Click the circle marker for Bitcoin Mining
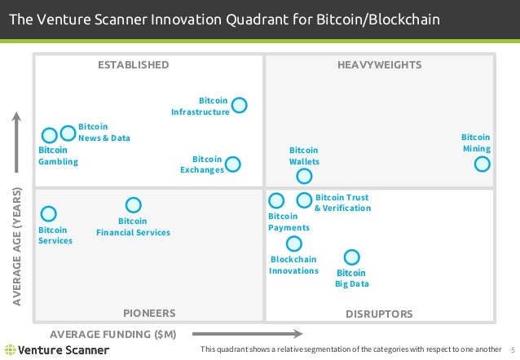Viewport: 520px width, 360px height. tap(482, 165)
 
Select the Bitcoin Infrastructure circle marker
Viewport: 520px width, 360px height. tap(240, 105)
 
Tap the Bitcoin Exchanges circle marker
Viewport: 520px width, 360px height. tap(233, 165)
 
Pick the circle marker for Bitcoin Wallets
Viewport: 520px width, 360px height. tap(304, 176)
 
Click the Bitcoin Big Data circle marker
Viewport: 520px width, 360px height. tap(351, 257)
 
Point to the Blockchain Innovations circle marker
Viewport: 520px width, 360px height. tap(293, 244)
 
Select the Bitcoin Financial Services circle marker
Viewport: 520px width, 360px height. tap(133, 205)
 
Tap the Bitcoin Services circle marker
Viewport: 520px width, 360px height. tap(49, 213)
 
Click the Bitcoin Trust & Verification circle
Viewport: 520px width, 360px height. tap(304, 200)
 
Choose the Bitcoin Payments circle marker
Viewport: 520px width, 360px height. tap(276, 200)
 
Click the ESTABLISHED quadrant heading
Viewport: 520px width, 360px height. tap(133, 64)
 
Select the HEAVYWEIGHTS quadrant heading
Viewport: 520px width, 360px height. tap(379, 64)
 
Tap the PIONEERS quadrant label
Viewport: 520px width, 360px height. tap(149, 313)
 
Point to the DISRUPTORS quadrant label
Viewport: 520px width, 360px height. tap(379, 314)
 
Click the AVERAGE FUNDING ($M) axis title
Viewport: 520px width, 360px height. tap(113, 334)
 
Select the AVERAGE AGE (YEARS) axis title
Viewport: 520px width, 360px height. tap(16, 248)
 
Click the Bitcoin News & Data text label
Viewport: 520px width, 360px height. tap(104, 133)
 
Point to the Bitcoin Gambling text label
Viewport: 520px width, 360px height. tap(58, 156)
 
